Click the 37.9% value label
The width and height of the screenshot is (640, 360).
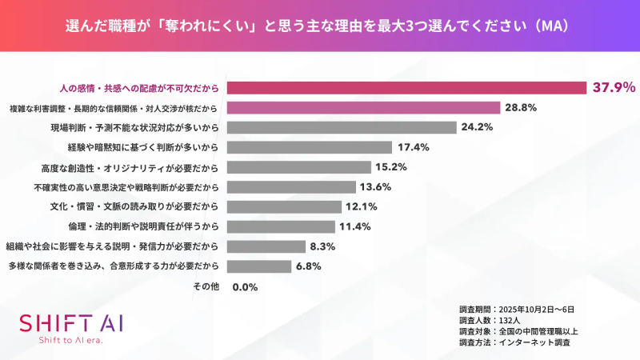tap(613, 87)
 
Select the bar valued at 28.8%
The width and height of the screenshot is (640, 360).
tap(364, 107)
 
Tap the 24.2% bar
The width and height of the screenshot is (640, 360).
tap(342, 127)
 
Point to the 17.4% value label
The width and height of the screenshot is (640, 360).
tap(414, 147)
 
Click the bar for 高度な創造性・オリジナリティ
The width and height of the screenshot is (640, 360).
tap(299, 167)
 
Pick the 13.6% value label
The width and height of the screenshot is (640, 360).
tap(378, 187)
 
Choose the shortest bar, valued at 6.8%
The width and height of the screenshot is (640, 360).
tap(258, 266)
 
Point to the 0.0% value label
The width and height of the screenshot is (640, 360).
tap(245, 286)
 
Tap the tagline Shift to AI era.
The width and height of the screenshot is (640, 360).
tap(71, 340)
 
